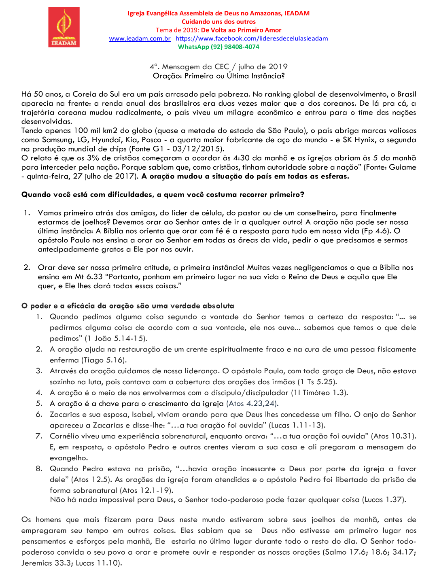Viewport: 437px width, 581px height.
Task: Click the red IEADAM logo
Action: click(64, 27)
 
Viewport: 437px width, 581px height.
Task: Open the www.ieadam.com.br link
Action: click(140, 38)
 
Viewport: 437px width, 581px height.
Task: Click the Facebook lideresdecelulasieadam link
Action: click(252, 38)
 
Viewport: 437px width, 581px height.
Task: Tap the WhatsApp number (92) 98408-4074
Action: click(235, 47)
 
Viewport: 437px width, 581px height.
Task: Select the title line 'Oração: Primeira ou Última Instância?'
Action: click(218, 76)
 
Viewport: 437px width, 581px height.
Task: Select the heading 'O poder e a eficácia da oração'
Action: click(128, 306)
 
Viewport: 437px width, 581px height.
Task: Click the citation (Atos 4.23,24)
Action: click(252, 403)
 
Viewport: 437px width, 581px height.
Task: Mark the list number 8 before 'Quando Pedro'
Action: click(39, 468)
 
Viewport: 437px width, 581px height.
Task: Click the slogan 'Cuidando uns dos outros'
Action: click(218, 21)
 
